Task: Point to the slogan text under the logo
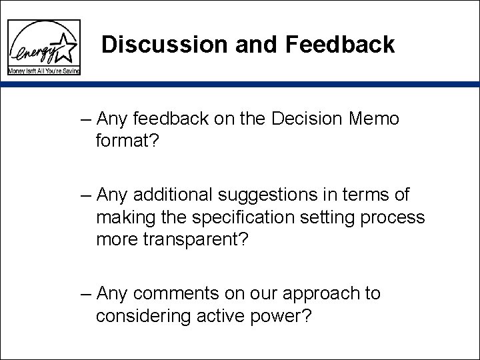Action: point(43,70)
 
